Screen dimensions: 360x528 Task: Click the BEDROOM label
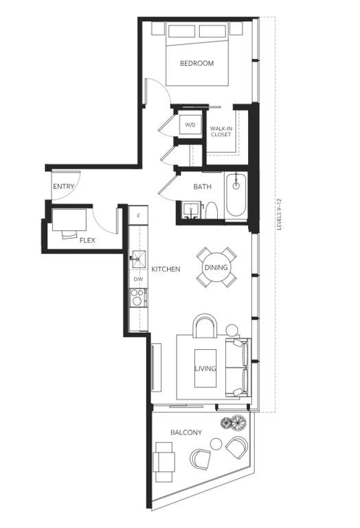pos(196,63)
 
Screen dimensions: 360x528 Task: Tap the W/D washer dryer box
pos(190,125)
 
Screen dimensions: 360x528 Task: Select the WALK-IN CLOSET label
pos(221,131)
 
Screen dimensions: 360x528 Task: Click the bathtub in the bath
pos(236,195)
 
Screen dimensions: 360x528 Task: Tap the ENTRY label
pos(64,186)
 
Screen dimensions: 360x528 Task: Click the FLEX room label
pos(87,240)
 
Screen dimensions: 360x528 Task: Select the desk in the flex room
pos(69,220)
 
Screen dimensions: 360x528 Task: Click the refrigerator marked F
pos(138,216)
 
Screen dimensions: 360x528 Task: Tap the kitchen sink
pos(139,260)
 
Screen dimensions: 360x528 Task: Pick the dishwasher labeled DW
pos(138,279)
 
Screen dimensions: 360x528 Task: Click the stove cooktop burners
pos(138,297)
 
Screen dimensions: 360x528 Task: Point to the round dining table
pos(216,267)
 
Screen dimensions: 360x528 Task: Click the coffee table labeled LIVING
pos(205,368)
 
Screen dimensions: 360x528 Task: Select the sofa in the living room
pos(238,367)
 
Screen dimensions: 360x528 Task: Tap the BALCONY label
pos(186,432)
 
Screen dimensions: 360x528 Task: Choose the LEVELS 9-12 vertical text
pos(279,214)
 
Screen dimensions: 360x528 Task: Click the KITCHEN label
pos(166,269)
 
